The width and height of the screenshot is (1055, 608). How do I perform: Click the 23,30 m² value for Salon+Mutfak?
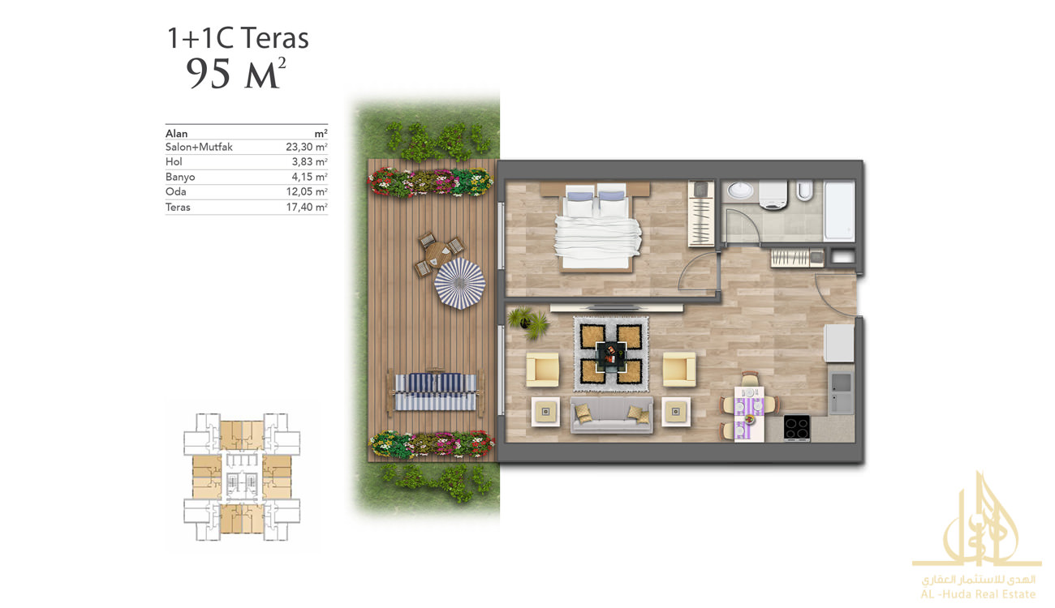pos(307,147)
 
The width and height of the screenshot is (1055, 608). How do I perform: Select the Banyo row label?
pos(180,177)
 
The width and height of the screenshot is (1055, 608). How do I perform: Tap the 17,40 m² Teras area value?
pos(307,207)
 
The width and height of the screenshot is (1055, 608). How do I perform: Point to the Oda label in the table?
pos(175,191)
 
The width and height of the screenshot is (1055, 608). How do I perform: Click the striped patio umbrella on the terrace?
pos(459,283)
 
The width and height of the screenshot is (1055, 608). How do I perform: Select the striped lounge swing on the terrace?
pos(435,392)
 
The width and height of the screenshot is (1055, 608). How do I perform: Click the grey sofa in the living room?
pos(611,414)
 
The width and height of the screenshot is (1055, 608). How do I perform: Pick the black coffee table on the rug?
pos(611,358)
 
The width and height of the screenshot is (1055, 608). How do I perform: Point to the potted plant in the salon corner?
pos(528,323)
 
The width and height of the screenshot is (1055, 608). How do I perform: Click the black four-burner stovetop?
pos(797,427)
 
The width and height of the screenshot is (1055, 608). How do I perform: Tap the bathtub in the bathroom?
pos(839,211)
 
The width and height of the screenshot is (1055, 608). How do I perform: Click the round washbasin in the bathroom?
pos(740,191)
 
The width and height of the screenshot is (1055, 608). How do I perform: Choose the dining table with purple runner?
pos(749,413)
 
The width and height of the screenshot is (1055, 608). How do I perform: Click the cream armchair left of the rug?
pos(543,370)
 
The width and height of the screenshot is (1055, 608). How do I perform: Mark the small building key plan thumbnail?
pos(242,477)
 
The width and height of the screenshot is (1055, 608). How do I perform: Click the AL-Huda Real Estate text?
pos(978,594)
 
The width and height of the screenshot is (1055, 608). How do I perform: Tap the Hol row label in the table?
pos(174,162)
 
